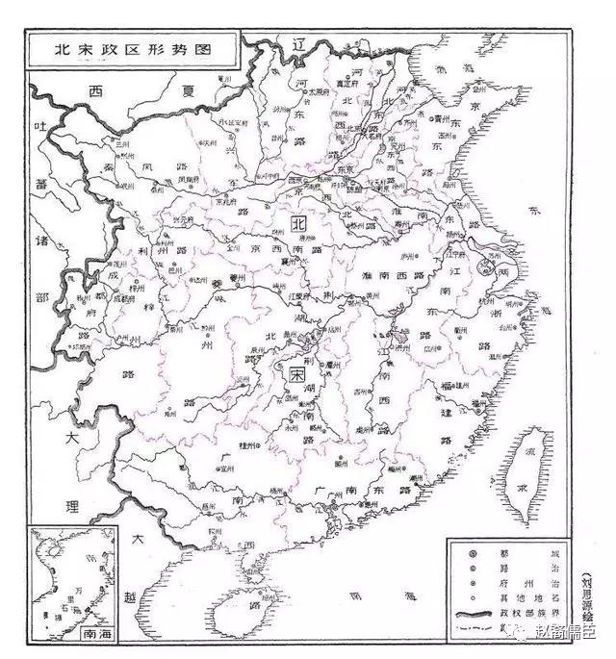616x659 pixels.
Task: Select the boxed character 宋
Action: (x=298, y=370)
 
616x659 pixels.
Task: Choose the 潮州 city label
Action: (x=416, y=478)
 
